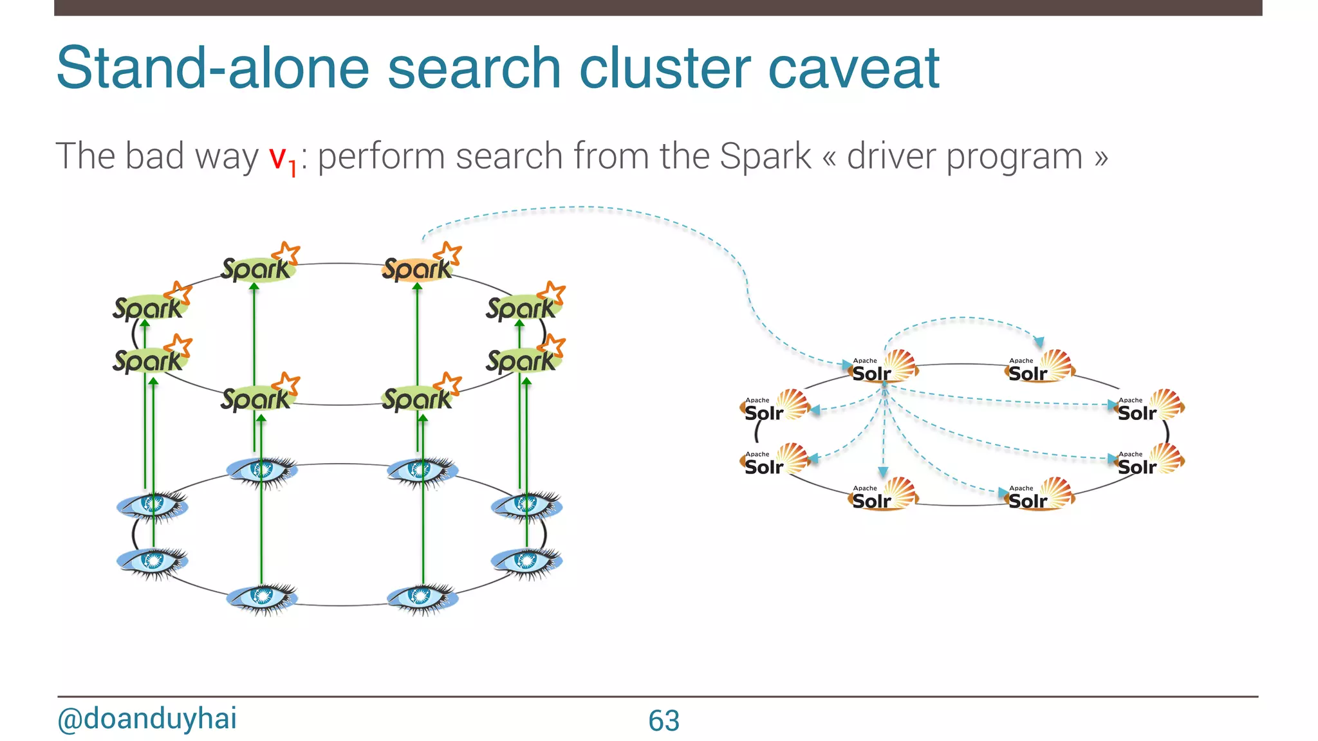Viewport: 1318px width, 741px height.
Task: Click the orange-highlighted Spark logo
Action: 418,268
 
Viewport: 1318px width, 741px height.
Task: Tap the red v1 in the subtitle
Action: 282,158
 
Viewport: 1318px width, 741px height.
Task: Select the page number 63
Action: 664,720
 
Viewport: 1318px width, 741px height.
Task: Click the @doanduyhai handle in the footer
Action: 147,718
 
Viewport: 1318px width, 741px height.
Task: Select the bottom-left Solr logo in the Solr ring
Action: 882,496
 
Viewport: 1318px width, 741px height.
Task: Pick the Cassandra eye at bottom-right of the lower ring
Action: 526,562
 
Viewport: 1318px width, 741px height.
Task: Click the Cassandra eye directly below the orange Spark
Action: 422,470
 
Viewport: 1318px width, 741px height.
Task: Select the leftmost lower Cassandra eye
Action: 152,562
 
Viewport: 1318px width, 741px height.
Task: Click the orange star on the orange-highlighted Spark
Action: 449,253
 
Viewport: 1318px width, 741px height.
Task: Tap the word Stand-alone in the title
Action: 212,68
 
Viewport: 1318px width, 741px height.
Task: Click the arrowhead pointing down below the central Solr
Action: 883,472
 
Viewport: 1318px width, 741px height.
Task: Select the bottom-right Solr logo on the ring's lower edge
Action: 1038,496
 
